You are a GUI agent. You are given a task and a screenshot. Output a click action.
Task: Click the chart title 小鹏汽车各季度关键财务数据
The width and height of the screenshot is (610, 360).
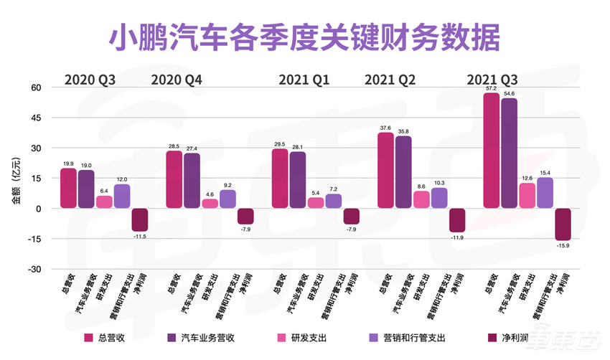point(305,35)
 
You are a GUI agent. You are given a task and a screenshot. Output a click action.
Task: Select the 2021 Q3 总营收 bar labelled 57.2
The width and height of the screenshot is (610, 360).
point(492,151)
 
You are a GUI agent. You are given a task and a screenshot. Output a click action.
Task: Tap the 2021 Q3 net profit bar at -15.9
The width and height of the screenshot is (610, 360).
point(563,224)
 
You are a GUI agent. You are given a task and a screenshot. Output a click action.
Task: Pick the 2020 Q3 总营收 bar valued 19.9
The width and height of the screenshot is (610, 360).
point(68,188)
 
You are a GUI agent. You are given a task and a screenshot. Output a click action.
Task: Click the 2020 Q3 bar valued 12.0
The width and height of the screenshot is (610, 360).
point(122,196)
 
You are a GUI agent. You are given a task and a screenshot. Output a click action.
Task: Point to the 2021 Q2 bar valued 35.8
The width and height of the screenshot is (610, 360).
point(403,172)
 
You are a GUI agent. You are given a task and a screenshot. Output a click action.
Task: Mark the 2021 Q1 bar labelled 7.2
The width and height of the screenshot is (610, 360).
point(334,201)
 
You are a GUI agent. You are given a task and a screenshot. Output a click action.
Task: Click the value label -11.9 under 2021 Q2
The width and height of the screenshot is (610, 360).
point(457,237)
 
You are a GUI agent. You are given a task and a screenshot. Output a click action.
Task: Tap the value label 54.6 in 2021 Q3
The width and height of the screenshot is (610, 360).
point(510,93)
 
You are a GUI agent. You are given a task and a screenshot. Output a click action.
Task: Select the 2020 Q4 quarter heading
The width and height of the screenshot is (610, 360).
point(177,79)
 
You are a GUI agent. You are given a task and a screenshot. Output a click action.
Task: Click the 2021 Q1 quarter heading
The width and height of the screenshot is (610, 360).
point(306,79)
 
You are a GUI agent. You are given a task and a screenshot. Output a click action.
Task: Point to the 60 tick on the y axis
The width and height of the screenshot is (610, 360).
point(37,87)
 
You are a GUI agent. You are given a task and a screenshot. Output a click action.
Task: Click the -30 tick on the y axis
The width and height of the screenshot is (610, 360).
point(34,270)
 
